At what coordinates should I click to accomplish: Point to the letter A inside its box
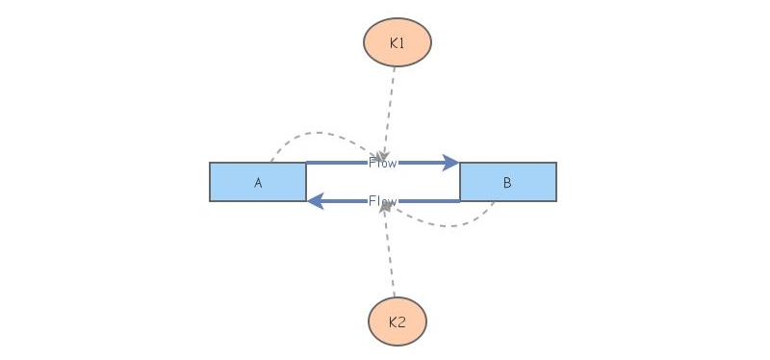258,183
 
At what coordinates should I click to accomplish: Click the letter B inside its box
507,183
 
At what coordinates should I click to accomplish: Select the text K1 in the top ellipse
397,42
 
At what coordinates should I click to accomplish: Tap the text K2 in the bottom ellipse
397,321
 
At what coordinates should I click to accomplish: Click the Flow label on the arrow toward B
382,163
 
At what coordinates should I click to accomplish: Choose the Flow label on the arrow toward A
382,201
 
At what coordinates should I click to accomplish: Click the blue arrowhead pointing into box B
450,163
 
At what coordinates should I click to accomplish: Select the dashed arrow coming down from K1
390,106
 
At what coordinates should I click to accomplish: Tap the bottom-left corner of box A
211,200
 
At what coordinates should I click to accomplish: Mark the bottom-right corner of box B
555,200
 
